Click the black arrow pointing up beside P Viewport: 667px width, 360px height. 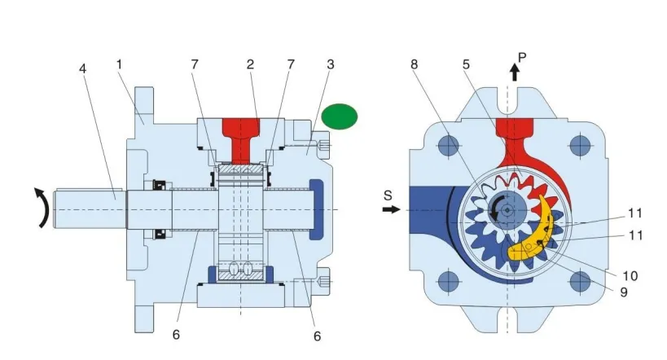[514, 72]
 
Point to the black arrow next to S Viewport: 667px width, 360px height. [391, 209]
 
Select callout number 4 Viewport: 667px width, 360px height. [82, 68]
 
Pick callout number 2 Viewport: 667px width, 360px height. [252, 63]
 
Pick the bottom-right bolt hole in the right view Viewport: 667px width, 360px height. [580, 282]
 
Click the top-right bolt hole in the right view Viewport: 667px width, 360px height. [580, 147]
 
